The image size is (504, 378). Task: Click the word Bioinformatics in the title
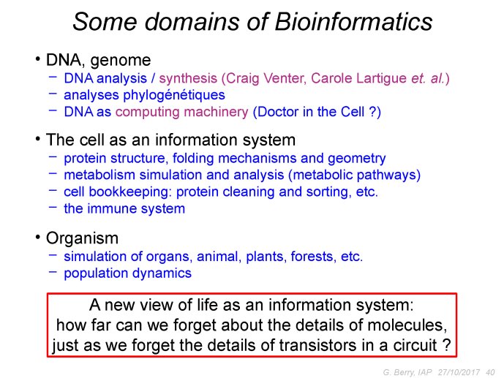[353, 21]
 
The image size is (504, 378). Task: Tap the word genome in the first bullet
[121, 61]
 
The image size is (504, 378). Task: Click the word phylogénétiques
[174, 95]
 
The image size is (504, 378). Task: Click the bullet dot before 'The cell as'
[38, 139]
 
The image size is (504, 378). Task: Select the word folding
[193, 159]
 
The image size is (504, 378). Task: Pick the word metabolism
[99, 175]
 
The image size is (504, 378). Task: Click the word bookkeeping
[128, 192]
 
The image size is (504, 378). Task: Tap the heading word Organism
[82, 238]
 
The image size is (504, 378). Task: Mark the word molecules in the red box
[407, 325]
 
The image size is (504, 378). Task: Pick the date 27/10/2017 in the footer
[459, 372]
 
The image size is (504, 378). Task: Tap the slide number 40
[490, 372]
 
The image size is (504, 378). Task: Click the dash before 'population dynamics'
[53, 272]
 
